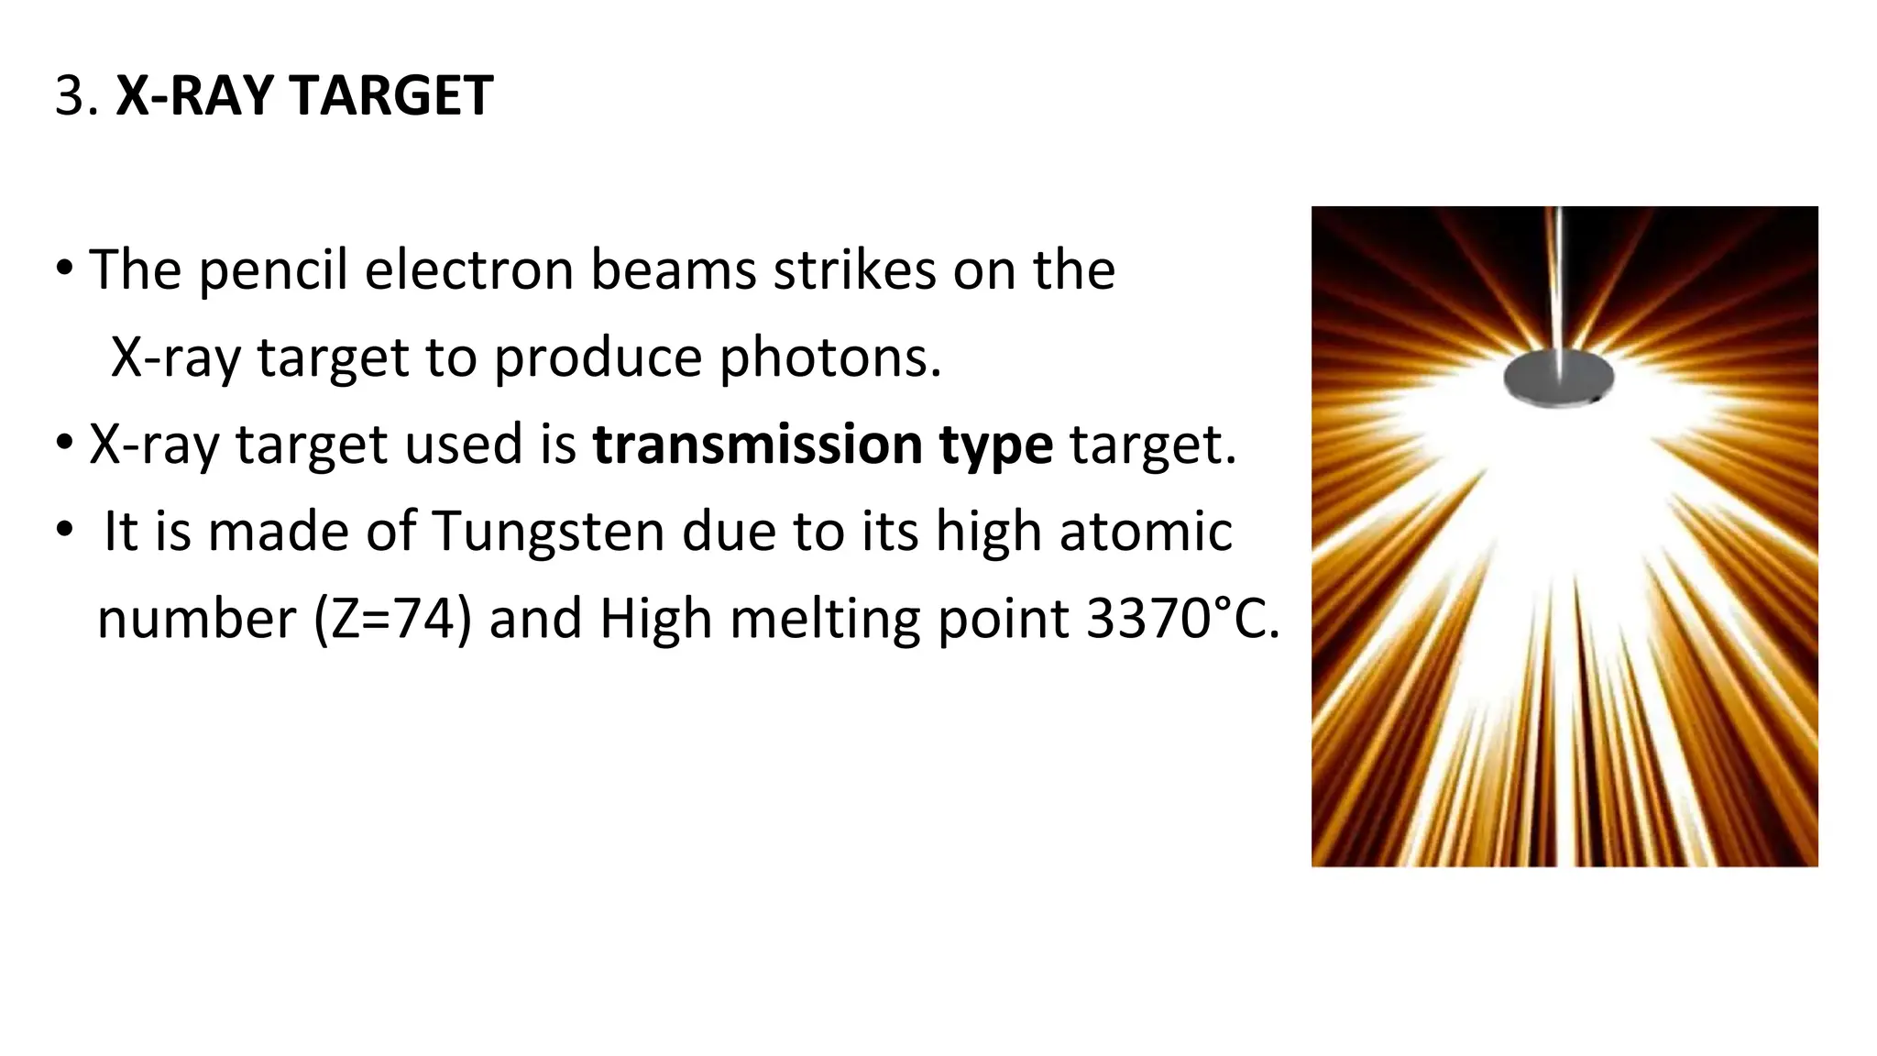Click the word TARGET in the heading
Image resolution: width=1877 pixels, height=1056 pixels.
391,95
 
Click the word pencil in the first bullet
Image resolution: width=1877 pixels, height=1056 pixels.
272,270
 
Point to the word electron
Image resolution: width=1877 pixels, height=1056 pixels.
467,270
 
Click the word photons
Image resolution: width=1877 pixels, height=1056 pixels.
829,357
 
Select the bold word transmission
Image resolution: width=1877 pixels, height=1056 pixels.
757,445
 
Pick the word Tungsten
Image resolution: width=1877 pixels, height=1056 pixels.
547,533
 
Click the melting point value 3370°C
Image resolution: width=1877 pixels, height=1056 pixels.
1182,619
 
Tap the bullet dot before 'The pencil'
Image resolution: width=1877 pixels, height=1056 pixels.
64,269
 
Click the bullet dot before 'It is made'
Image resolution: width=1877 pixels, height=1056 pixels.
64,531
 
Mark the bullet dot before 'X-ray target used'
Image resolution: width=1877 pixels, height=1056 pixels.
64,444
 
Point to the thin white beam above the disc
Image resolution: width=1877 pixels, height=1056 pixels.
1559,275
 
